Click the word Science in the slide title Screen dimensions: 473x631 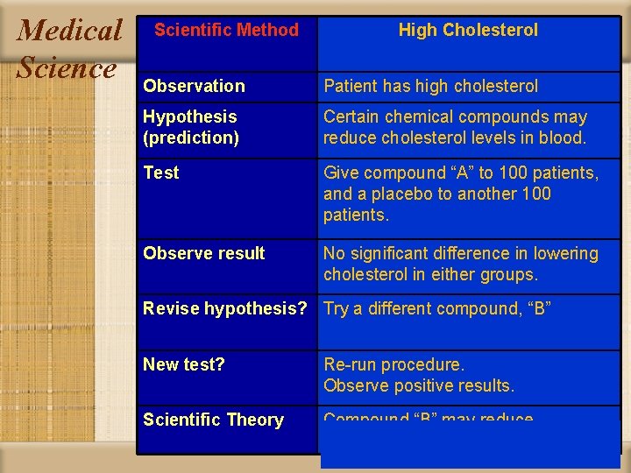coord(67,67)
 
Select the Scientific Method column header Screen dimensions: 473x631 coord(226,30)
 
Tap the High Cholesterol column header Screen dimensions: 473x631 coord(468,30)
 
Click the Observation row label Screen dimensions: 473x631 coord(194,86)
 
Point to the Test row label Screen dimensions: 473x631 coord(160,173)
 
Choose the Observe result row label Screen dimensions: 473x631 coord(203,253)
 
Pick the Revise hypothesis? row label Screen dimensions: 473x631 coord(224,308)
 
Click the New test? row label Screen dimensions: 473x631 coord(183,364)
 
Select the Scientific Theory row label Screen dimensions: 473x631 coord(213,420)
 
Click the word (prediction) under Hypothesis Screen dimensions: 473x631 coord(191,138)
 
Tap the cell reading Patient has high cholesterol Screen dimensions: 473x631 coord(430,86)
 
